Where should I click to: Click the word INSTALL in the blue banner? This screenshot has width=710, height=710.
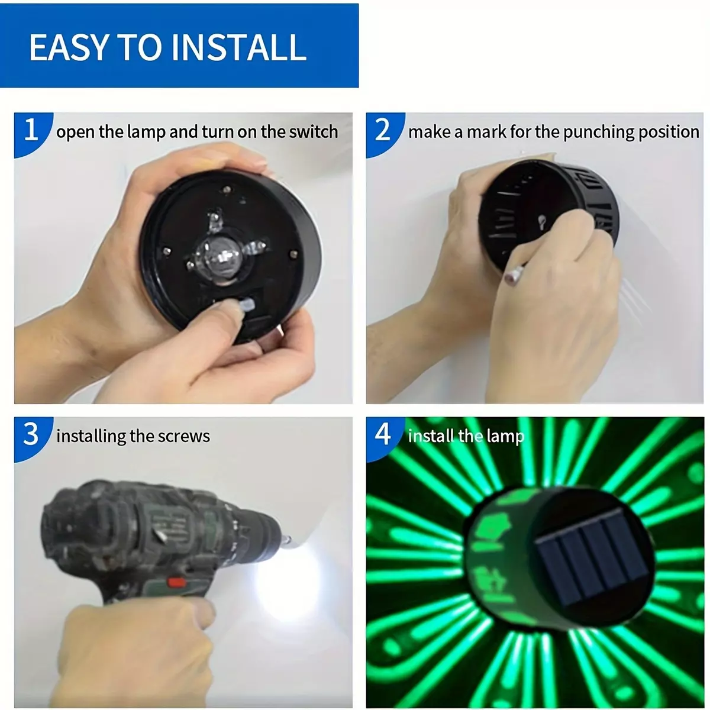(238, 47)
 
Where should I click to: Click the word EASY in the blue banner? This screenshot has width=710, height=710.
(68, 47)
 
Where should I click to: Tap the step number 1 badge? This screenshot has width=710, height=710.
(32, 133)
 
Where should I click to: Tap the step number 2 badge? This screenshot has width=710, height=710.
(383, 133)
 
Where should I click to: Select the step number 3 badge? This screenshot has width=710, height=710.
(32, 436)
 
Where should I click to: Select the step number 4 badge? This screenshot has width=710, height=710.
(383, 436)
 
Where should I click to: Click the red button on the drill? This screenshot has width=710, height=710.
(176, 582)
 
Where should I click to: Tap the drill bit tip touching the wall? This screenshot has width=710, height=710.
(288, 540)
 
